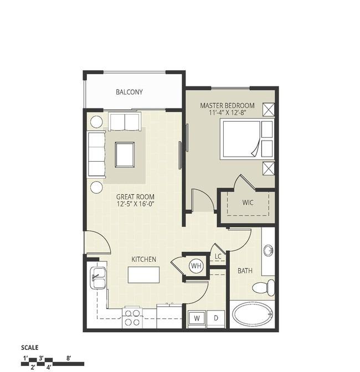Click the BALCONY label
129,92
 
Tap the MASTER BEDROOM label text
227,106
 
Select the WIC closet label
248,203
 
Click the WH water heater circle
196,266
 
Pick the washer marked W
197,318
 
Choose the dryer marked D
215,318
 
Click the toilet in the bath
263,287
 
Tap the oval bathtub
253,314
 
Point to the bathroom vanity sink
268,251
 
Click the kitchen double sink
98,278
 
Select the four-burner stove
132,318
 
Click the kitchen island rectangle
143,275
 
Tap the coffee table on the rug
125,154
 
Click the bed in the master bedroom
247,139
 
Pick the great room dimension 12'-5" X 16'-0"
136,204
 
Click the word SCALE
30,348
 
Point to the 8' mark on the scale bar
69,358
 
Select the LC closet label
218,256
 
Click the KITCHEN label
144,259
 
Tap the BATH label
245,271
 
